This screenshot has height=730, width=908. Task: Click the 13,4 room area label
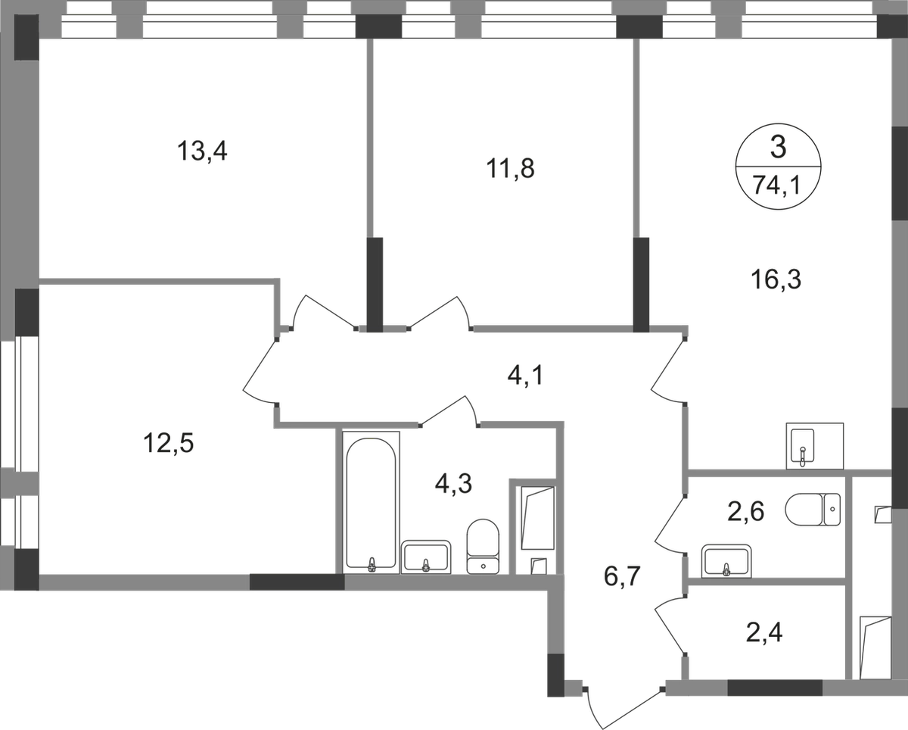coord(202,151)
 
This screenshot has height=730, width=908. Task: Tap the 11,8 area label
coord(510,168)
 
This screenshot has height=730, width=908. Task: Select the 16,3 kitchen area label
coord(776,279)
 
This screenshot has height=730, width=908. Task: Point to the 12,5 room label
coord(168,443)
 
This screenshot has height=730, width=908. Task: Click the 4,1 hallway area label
coord(525,376)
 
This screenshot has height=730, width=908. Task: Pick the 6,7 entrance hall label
coord(622,577)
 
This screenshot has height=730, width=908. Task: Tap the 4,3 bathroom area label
coord(453,483)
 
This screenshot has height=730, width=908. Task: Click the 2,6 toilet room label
coord(745,512)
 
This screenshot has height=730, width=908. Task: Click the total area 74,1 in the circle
coord(777,185)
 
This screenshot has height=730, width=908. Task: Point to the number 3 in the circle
coord(778,148)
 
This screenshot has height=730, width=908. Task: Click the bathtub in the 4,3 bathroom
coord(371,502)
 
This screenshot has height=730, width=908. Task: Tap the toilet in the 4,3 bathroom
coord(483,546)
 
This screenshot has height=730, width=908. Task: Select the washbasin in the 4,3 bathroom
coord(426,557)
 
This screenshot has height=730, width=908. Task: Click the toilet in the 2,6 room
coord(813,509)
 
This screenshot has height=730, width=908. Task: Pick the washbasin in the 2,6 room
coord(726,561)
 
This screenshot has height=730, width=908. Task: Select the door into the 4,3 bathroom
coord(449,410)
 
